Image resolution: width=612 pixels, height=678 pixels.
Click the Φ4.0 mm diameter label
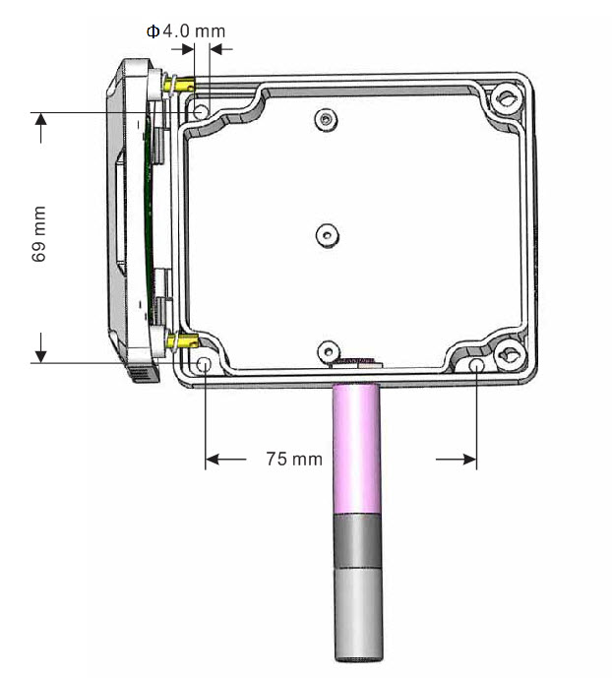pyautogui.click(x=186, y=31)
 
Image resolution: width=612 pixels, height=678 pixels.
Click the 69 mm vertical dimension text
pyautogui.click(x=39, y=234)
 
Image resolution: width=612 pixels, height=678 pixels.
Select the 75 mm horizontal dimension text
pyautogui.click(x=294, y=459)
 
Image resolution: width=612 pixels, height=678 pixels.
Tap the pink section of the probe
pyautogui.click(x=356, y=449)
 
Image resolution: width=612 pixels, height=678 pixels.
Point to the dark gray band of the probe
pyautogui.click(x=358, y=540)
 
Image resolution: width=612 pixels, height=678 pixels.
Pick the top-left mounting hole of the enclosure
pyautogui.click(x=201, y=112)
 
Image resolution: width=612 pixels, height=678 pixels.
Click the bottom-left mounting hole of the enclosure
pyautogui.click(x=204, y=364)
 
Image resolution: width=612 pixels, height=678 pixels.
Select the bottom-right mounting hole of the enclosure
pyautogui.click(x=476, y=365)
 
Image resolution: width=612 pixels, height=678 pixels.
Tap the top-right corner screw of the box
pyautogui.click(x=506, y=99)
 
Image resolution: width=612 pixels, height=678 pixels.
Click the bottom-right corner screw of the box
pyautogui.click(x=510, y=354)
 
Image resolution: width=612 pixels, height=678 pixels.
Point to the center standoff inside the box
pyautogui.click(x=328, y=235)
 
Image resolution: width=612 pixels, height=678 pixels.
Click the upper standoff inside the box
pyautogui.click(x=327, y=119)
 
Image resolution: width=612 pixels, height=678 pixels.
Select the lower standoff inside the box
pyautogui.click(x=329, y=351)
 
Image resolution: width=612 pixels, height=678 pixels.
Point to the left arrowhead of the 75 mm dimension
pyautogui.click(x=213, y=459)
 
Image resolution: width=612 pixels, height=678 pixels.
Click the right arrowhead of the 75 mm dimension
pyautogui.click(x=469, y=459)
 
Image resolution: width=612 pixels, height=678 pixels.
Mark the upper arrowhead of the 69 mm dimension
pyautogui.click(x=40, y=119)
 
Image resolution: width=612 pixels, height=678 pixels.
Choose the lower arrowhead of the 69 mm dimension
pyautogui.click(x=40, y=356)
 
